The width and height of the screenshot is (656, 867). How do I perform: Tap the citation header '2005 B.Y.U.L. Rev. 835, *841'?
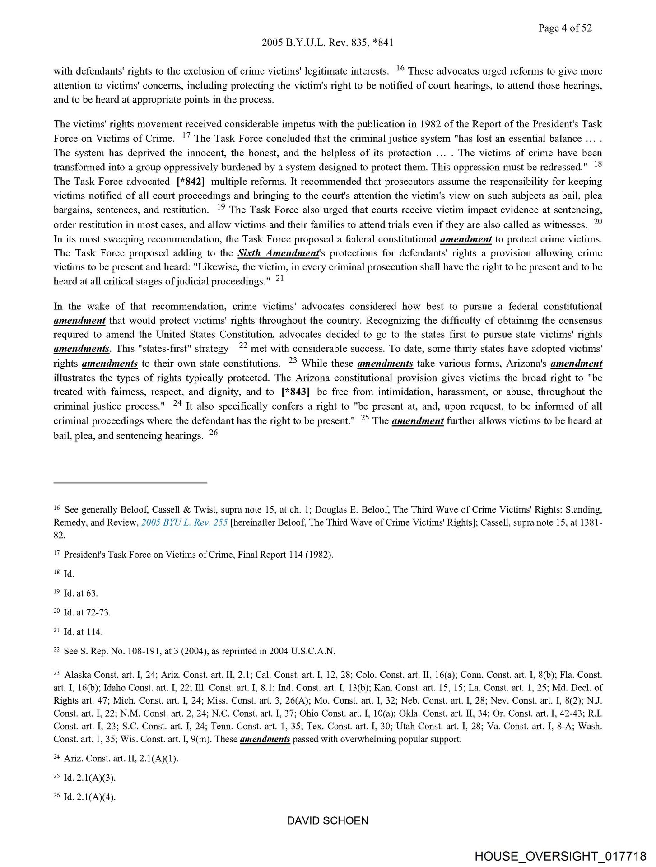[x=327, y=43]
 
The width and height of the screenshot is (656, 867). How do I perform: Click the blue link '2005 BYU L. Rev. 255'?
[x=184, y=523]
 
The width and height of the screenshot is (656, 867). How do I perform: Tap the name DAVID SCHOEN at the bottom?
[x=327, y=820]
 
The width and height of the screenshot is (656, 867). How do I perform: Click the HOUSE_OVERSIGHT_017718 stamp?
[x=560, y=856]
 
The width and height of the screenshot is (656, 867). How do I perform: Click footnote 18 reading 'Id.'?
[x=69, y=574]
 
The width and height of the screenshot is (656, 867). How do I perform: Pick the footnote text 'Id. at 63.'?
[x=80, y=593]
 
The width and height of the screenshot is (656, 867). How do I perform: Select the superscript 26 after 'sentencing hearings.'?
[x=214, y=433]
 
